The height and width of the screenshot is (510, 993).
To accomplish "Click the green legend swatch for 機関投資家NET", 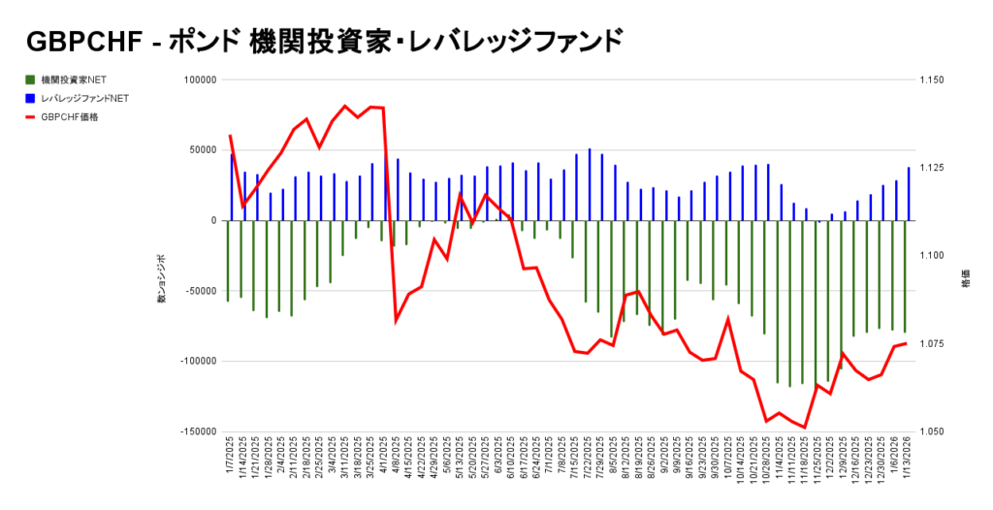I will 31,80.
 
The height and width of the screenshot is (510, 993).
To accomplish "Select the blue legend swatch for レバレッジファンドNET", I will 31,98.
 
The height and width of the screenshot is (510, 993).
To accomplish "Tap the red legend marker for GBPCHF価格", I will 31,116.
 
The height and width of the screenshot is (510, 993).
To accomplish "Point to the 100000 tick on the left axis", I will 198,80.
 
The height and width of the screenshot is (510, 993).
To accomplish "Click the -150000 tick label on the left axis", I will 195,431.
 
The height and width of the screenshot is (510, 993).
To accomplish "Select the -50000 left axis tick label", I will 197,291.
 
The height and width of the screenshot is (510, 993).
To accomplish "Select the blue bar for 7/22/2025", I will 590,184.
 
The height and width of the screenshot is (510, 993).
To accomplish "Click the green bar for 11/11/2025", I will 790,303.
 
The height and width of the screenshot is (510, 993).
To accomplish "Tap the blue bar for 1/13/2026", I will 909,194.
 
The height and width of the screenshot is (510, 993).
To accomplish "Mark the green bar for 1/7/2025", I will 228,260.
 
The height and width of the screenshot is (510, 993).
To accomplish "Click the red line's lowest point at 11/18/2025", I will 805,428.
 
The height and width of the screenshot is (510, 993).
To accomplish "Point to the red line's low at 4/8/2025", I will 397,320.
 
